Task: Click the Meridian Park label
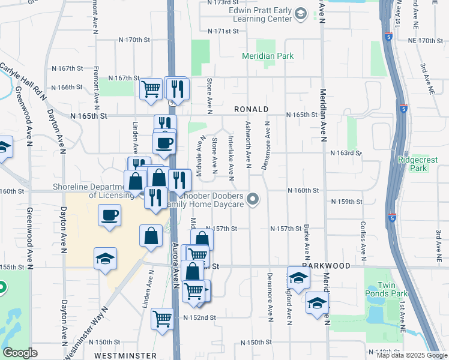click(268, 56)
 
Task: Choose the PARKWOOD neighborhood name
click(326, 265)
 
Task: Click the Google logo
click(20, 353)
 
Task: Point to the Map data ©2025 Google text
click(412, 355)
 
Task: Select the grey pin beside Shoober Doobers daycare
click(254, 199)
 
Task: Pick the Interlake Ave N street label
click(231, 156)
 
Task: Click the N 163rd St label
click(345, 153)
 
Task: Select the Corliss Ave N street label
click(363, 240)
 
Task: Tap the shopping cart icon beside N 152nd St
click(162, 318)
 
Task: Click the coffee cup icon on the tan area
click(109, 215)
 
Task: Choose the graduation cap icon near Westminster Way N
click(106, 259)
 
